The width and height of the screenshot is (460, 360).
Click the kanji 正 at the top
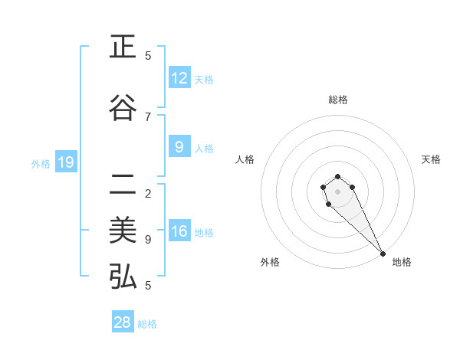coord(123,47)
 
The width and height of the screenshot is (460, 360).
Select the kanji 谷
coord(123,108)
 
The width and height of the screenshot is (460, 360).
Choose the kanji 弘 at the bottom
coord(123,276)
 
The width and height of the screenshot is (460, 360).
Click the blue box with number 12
coord(179,78)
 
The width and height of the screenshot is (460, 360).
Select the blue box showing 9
coord(179,147)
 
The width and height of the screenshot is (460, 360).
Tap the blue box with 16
coord(179,231)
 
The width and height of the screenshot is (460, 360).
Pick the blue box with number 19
coord(65,162)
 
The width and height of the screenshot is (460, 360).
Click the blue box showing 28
coord(123,322)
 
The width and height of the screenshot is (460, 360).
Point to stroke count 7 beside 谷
coord(148,116)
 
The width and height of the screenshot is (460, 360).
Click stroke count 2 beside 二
coord(148,193)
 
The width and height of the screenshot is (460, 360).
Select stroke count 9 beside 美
coord(148,240)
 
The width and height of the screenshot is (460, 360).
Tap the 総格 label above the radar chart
coord(338,100)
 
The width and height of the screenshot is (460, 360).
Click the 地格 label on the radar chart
coord(402,262)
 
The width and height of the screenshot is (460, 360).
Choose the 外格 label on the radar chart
coord(270,262)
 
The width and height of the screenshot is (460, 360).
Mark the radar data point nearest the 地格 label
coord(383,254)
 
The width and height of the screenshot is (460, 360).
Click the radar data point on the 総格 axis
coord(337,176)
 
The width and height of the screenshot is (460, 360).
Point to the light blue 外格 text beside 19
coord(41,163)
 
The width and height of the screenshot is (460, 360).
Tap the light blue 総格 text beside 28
coord(147,324)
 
